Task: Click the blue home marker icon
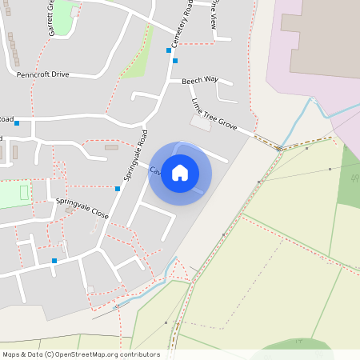click(180, 173)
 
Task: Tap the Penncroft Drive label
click(43, 74)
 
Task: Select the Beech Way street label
click(199, 80)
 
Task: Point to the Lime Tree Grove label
click(214, 114)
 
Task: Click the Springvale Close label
click(82, 209)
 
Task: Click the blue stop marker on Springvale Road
click(118, 189)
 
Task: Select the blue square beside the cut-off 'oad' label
click(17, 123)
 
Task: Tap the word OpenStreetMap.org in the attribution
click(89, 354)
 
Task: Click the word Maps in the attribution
click(11, 354)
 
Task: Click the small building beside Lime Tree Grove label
click(200, 122)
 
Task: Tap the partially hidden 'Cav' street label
click(155, 170)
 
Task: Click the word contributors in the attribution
click(140, 354)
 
